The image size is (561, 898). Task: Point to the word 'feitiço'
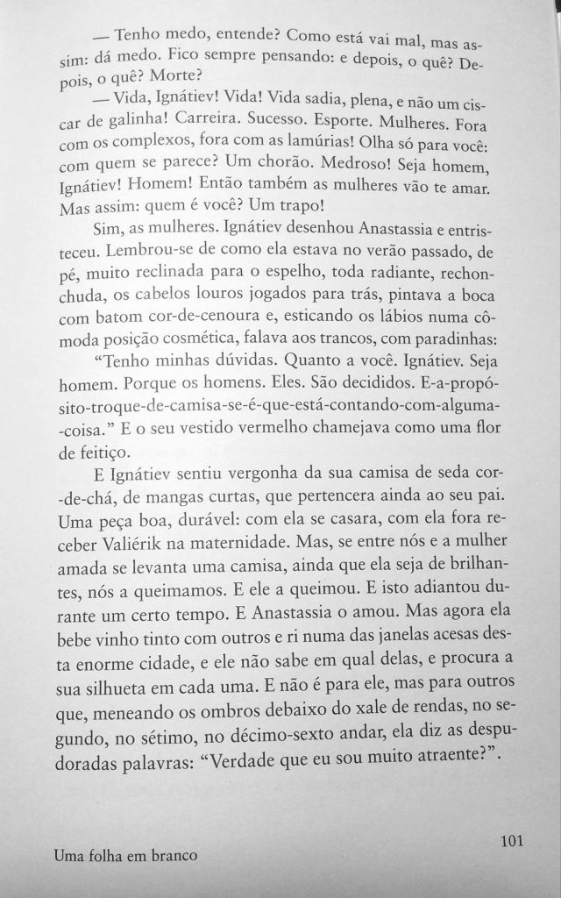coord(103,453)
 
